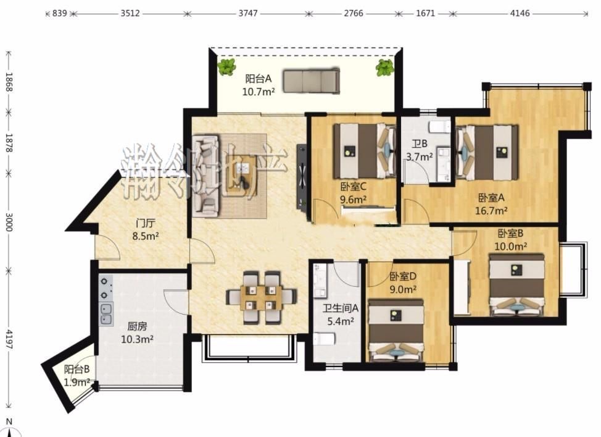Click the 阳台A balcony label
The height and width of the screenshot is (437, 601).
click(259, 78)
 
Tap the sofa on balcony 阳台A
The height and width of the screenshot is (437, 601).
click(312, 80)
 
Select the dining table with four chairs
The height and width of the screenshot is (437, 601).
click(262, 298)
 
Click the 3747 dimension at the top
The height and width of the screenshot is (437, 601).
click(248, 14)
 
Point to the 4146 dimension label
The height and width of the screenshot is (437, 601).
click(520, 14)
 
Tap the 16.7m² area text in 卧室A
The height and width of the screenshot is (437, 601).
click(491, 211)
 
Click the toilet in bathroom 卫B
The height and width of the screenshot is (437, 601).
click(440, 126)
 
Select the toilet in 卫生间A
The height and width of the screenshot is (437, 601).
click(325, 339)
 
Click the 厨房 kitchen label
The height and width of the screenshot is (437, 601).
click(137, 326)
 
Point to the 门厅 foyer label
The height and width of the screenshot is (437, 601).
click(146, 223)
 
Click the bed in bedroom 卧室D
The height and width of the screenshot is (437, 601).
click(396, 331)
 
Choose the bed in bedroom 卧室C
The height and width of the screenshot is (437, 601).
click(365, 151)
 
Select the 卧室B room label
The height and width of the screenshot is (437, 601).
click(510, 234)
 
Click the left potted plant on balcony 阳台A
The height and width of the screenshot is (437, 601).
click(227, 67)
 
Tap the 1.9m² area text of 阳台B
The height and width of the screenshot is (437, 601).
click(77, 383)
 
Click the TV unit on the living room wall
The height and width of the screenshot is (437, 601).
click(302, 177)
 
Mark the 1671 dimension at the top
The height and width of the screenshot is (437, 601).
click(426, 14)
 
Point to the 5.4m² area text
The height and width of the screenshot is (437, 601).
click(341, 321)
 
